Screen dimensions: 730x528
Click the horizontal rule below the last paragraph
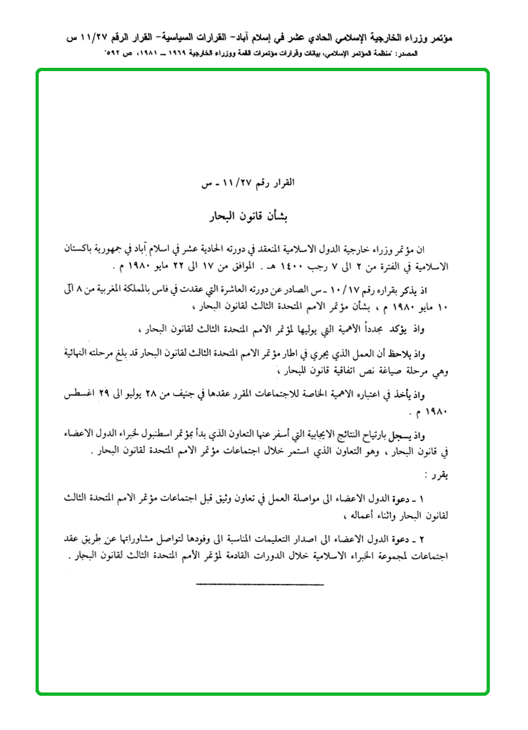pyautogui.click(x=260, y=584)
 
